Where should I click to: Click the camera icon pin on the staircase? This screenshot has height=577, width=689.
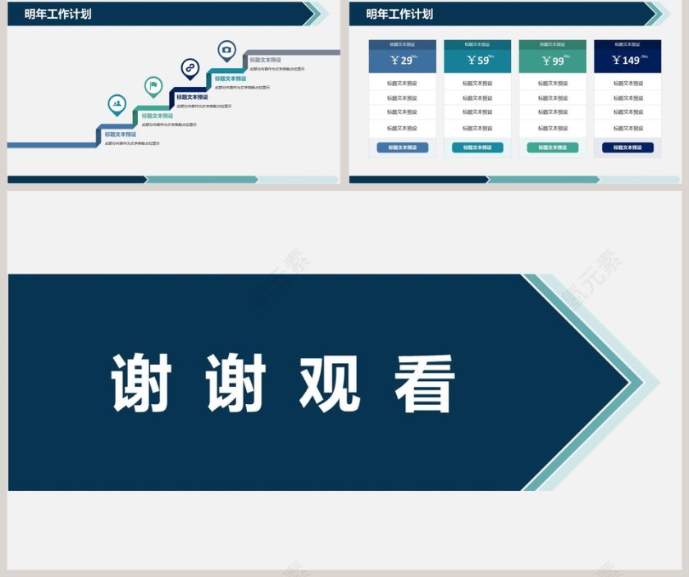click(226, 50)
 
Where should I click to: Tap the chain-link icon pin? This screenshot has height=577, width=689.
click(189, 68)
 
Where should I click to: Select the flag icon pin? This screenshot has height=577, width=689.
click(153, 85)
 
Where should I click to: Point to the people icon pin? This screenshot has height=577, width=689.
click(117, 103)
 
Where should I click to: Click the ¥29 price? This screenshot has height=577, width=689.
click(402, 61)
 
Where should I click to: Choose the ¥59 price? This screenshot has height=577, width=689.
click(477, 61)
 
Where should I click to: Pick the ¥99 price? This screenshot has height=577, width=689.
click(553, 61)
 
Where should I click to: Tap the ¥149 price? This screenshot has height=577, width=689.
click(628, 61)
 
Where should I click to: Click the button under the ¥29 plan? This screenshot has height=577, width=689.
click(402, 148)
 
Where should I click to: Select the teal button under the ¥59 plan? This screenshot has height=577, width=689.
click(477, 148)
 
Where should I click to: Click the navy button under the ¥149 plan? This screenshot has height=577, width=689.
click(628, 148)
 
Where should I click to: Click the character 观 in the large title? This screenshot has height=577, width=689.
click(329, 383)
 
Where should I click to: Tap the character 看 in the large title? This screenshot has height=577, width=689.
click(424, 383)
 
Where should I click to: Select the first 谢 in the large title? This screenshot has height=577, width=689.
click(141, 383)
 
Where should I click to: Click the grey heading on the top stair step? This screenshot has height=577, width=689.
click(265, 60)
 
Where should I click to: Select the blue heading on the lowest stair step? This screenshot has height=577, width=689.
click(121, 134)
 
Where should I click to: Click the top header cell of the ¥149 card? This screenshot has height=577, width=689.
click(628, 44)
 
